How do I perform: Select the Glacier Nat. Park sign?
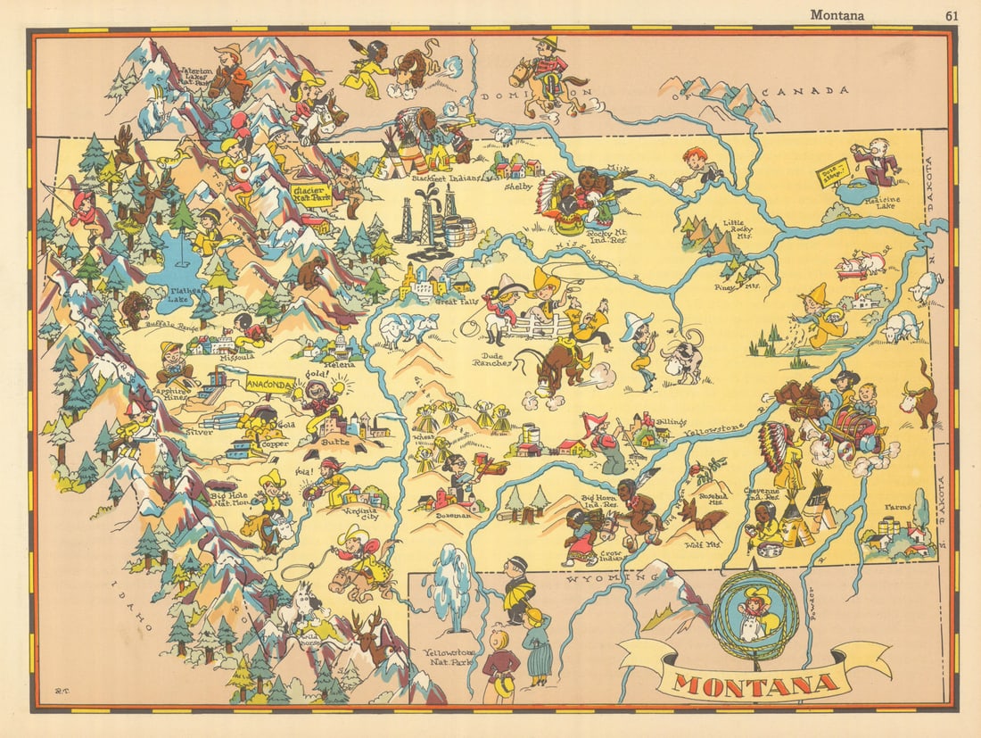[313, 195]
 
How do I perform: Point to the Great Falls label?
[458, 302]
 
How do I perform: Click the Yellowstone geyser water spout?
[451, 576]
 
